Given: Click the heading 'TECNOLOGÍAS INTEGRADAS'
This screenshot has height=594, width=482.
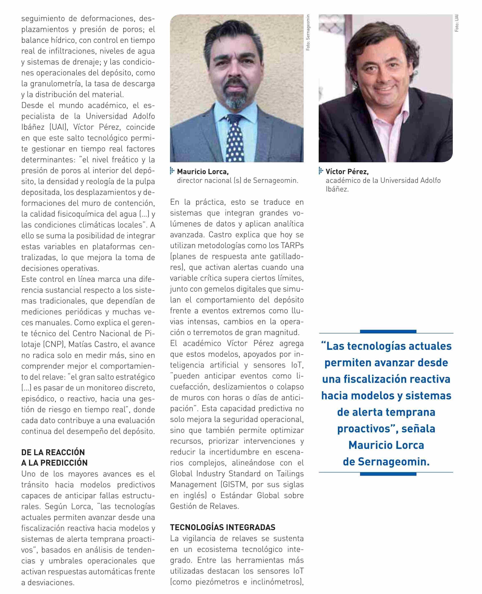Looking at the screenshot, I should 222,527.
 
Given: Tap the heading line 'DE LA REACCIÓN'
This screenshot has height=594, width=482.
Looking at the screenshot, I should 53,452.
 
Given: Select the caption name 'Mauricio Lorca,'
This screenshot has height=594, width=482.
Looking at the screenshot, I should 203,172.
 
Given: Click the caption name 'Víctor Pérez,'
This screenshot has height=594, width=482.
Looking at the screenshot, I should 347,172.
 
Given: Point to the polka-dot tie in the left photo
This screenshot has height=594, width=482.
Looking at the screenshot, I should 235,139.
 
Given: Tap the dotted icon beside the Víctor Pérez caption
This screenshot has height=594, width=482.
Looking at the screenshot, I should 321,171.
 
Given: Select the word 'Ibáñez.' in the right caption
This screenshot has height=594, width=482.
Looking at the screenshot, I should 337,189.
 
